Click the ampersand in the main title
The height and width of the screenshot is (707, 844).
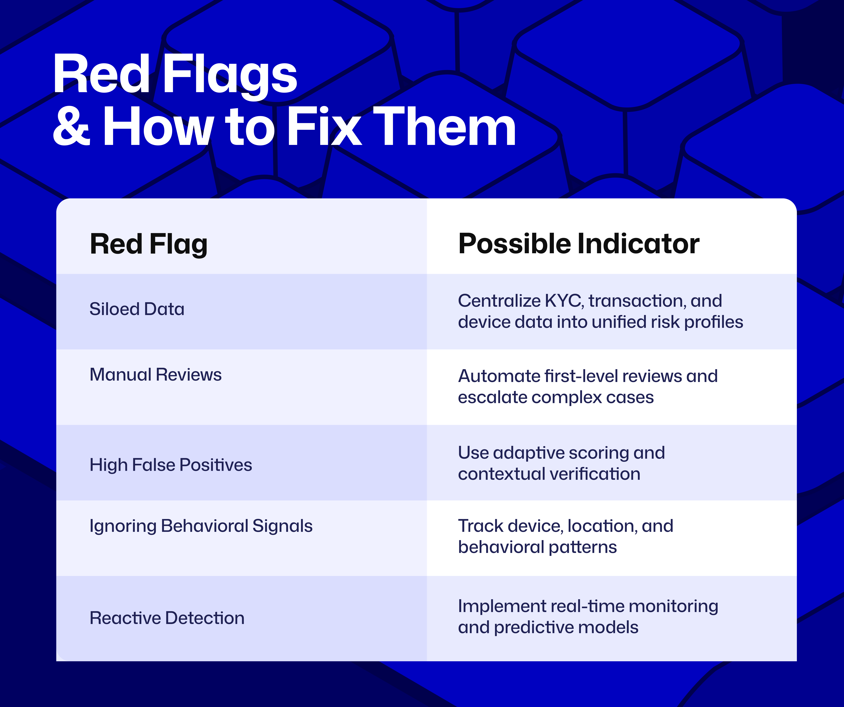[x=72, y=128]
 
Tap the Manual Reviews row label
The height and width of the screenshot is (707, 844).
[x=155, y=375]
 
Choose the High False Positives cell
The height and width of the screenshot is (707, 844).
[x=170, y=465]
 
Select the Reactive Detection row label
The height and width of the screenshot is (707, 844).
[x=167, y=618]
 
